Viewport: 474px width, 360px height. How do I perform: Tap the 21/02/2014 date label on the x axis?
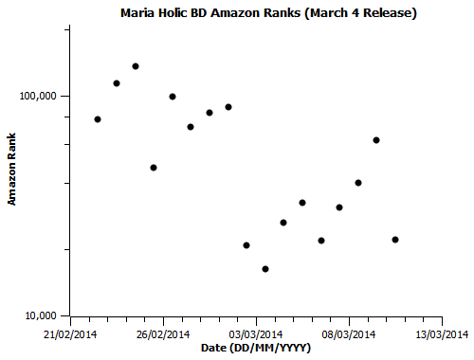(70, 333)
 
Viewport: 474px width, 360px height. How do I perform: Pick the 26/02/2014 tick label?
(163, 333)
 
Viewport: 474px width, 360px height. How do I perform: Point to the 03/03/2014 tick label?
(256, 333)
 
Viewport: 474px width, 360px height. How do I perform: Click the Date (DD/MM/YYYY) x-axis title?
(256, 349)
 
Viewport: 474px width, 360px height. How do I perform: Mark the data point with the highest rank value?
(136, 66)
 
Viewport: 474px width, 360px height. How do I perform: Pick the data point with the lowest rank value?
(265, 269)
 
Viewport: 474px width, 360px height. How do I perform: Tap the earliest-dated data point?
(98, 119)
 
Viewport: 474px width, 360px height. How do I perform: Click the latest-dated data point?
(395, 240)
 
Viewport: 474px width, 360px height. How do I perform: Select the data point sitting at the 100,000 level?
(173, 97)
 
